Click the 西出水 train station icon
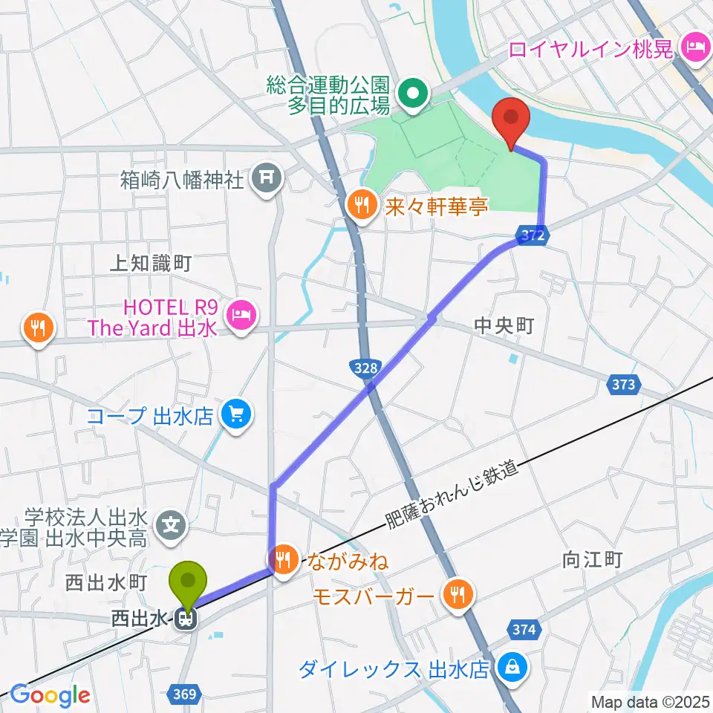click(x=186, y=618)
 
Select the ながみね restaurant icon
click(x=283, y=559)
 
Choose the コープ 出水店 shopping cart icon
click(x=236, y=414)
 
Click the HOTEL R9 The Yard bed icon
click(x=241, y=316)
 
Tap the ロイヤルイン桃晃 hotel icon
click(x=695, y=48)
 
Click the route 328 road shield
click(x=364, y=367)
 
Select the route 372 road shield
click(x=535, y=236)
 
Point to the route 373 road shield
click(x=624, y=384)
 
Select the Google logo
click(x=50, y=694)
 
